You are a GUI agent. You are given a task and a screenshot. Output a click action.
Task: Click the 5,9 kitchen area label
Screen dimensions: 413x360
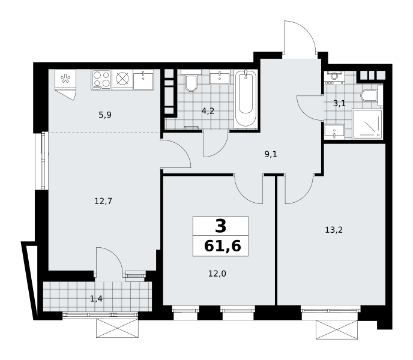pos(105,115)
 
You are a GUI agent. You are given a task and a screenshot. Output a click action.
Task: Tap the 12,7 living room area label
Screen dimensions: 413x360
pos(103,202)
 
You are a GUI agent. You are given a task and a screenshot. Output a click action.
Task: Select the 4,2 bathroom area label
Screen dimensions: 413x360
pos(208,111)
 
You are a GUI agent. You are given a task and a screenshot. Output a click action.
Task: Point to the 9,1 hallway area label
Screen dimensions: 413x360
pos(271,154)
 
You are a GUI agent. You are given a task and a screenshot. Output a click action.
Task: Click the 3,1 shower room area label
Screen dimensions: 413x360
pos(339,103)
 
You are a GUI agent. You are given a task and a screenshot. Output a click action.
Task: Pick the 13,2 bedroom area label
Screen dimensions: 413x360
pos(334,230)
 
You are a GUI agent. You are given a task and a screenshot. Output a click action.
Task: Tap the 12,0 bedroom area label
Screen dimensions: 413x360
pos(217,274)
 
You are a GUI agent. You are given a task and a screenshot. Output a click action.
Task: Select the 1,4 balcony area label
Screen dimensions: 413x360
pos(96,299)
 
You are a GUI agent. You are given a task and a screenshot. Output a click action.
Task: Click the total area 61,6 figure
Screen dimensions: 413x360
pos(222,247)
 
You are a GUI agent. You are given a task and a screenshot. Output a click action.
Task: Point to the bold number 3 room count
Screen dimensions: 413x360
pos(220,226)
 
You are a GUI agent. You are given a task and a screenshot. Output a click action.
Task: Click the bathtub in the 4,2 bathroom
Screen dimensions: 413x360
pos(246,98)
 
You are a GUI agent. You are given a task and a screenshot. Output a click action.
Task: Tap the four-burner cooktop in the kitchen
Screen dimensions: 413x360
pos(101,79)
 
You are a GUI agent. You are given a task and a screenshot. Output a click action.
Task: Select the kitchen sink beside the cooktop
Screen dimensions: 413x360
pos(143,80)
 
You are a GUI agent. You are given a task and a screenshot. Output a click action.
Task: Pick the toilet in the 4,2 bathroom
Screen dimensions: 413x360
pos(191,81)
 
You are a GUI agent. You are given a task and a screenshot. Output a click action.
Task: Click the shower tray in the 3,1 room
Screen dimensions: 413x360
pos(367,124)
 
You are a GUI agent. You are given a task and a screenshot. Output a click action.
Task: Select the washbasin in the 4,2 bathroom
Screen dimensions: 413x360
pos(220,77)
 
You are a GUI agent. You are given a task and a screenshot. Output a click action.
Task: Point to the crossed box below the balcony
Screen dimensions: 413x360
pos(117,328)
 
